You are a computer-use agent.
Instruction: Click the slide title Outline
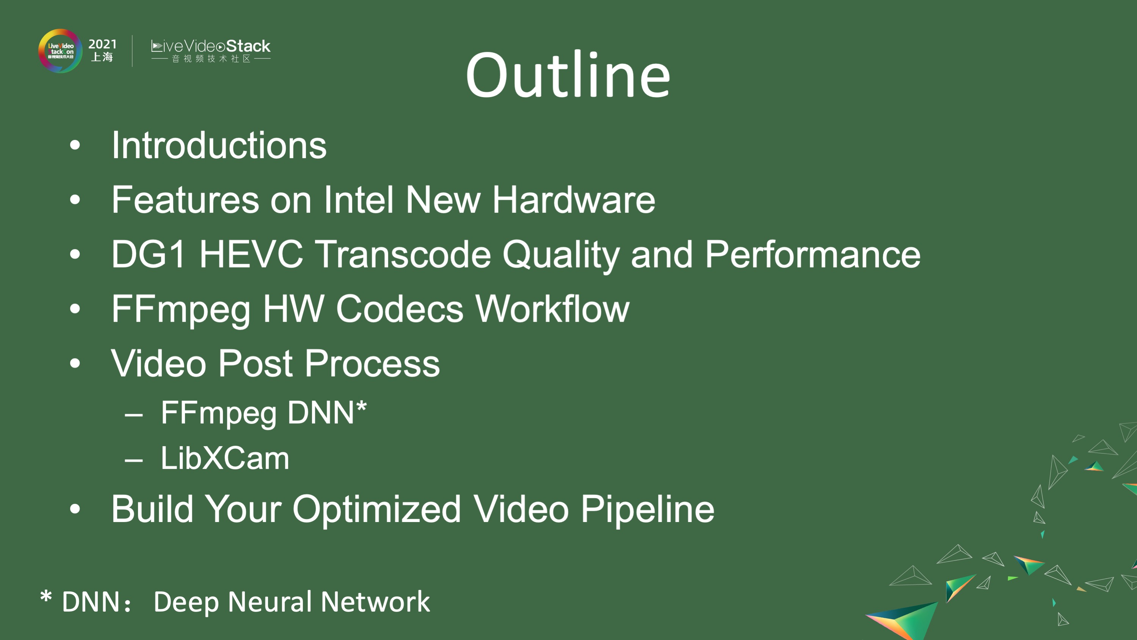(x=568, y=75)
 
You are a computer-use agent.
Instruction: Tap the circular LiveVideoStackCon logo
(x=60, y=51)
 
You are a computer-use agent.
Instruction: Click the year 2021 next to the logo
(x=102, y=44)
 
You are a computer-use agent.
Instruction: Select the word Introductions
(x=219, y=145)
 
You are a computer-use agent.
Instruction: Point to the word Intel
(x=358, y=200)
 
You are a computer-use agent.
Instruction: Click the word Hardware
(x=573, y=200)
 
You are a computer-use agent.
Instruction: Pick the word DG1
(x=148, y=255)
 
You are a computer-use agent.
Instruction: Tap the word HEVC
(x=251, y=255)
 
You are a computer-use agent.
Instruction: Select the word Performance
(x=812, y=255)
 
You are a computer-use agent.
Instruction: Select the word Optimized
(x=376, y=509)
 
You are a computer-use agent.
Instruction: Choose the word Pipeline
(x=647, y=509)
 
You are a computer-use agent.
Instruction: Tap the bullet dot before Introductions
(x=75, y=145)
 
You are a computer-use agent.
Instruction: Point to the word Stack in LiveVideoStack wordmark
(x=248, y=46)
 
